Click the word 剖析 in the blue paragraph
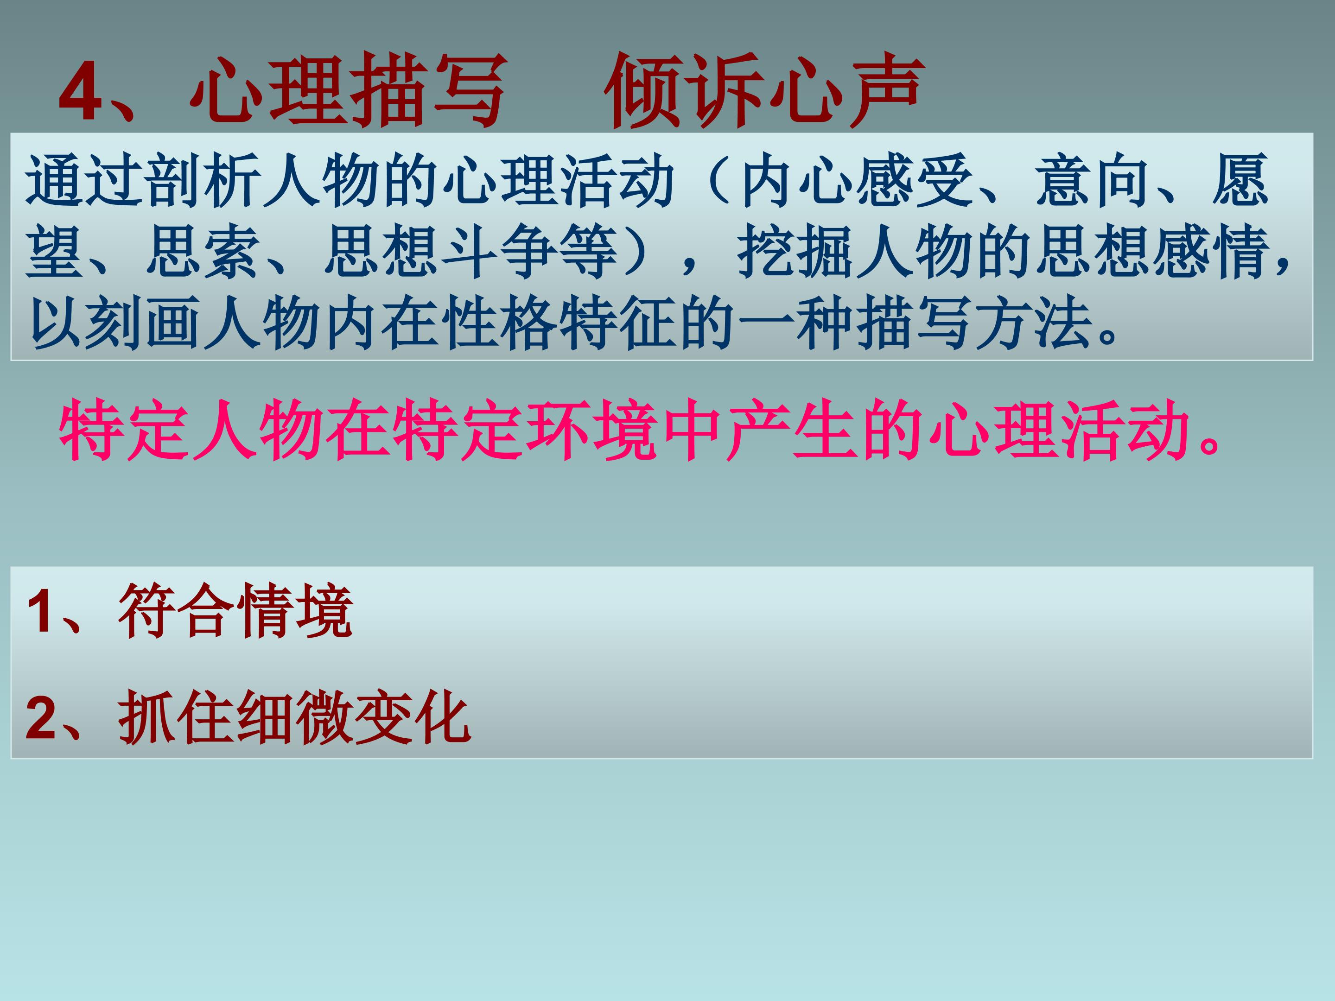tap(203, 180)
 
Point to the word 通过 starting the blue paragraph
tap(84, 180)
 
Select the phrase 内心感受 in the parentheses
tap(857, 180)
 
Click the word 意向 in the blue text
tap(1093, 180)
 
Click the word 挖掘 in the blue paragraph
tap(797, 252)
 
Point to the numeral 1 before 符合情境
tap(40, 611)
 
